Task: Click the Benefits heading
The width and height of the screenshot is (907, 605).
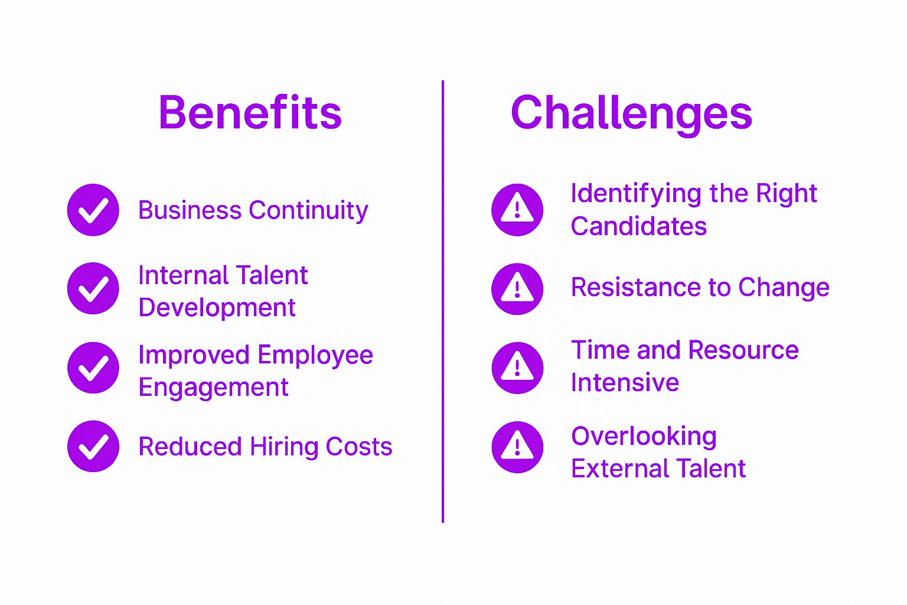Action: click(x=250, y=112)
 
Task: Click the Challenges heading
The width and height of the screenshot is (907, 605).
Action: click(x=631, y=115)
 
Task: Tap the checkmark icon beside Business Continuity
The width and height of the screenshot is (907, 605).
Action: click(x=93, y=210)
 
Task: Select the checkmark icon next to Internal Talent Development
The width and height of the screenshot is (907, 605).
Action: click(x=93, y=288)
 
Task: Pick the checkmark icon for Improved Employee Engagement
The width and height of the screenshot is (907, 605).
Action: click(x=93, y=367)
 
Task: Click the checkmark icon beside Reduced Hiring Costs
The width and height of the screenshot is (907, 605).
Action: click(x=93, y=446)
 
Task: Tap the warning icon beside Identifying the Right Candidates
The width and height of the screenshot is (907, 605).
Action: click(x=517, y=210)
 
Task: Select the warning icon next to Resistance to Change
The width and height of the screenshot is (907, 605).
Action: click(x=517, y=288)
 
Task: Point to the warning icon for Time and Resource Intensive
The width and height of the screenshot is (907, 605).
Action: click(x=517, y=367)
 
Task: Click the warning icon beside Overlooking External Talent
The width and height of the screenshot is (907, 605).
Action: click(x=517, y=447)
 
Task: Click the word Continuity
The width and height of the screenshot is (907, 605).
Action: click(x=308, y=211)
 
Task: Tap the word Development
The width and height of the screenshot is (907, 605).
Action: click(x=217, y=308)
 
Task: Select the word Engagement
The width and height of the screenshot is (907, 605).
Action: click(x=213, y=388)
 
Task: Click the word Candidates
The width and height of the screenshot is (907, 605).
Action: click(x=638, y=226)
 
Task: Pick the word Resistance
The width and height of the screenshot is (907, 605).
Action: click(x=636, y=287)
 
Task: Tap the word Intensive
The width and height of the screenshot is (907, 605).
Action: click(x=625, y=382)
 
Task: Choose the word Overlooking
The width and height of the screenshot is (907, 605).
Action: click(x=644, y=437)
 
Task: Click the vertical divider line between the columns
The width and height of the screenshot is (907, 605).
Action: click(x=443, y=301)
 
